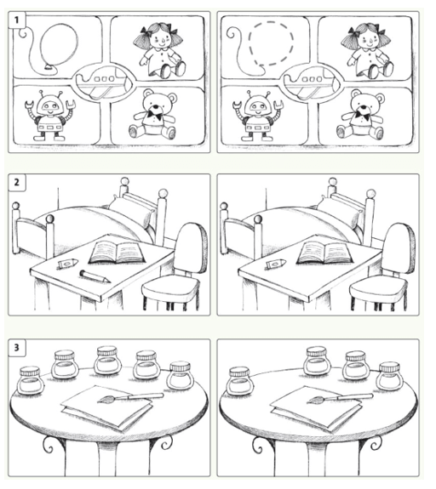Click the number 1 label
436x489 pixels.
coord(16,20)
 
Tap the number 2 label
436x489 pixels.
coord(16,183)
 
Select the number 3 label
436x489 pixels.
coord(16,348)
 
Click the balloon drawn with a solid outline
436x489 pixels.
coord(59,47)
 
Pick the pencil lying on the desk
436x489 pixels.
coord(95,276)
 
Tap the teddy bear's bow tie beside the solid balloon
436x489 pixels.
coord(155,116)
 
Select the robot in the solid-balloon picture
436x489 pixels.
coord(50,116)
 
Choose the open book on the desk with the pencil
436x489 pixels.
coord(118,252)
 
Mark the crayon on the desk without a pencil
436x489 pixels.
coord(276,264)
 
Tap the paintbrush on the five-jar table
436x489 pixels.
coord(130,398)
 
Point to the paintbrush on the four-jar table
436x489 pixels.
coord(340,398)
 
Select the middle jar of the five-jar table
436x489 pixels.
coord(107,361)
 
